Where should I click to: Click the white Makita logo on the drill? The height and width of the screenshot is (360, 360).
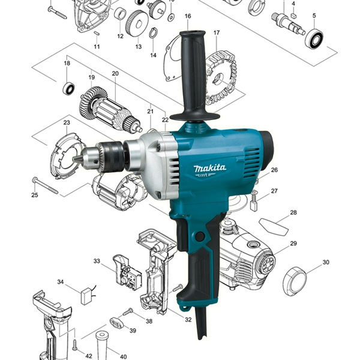pos(210,169)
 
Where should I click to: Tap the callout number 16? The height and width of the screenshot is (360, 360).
pos(188,16)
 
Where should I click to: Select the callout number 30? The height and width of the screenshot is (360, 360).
pos(326,262)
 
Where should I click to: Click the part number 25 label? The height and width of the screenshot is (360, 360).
pos(35,195)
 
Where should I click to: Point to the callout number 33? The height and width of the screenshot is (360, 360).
pos(97,261)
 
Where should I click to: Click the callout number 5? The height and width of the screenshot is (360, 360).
pos(314,16)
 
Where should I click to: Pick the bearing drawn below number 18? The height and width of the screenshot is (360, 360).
pos(69,88)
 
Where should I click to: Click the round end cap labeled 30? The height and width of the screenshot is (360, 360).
pos(295,281)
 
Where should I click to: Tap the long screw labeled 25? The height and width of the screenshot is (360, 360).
pos(45,185)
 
